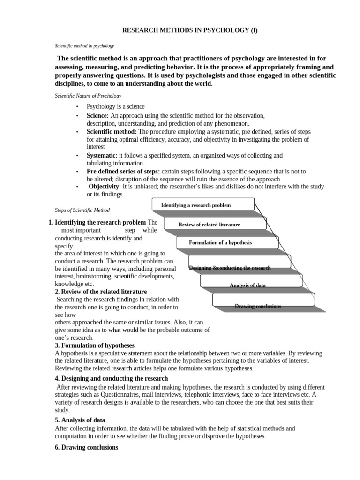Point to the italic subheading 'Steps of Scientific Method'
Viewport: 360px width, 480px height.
coord(82,210)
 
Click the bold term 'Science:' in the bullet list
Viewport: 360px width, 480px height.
coord(97,115)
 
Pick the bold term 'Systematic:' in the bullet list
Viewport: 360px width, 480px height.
coord(102,155)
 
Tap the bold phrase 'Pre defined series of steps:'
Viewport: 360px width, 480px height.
coord(123,171)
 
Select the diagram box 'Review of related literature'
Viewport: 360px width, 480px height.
coord(209,225)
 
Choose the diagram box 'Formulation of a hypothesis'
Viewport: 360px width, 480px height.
coord(220,242)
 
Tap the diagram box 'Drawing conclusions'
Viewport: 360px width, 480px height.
coord(258,306)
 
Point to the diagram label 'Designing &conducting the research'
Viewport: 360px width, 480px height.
coord(230,268)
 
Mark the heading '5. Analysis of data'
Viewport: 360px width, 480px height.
coord(80,420)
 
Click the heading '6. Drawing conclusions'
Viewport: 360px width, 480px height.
coord(87,447)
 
